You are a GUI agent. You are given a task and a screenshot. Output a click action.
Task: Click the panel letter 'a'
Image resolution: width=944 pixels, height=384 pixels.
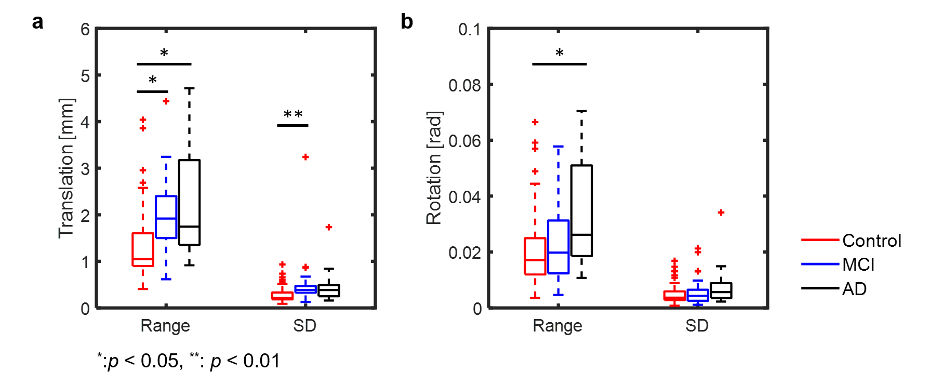click(37, 22)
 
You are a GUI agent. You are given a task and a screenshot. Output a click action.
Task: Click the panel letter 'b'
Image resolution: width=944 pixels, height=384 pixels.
click(406, 22)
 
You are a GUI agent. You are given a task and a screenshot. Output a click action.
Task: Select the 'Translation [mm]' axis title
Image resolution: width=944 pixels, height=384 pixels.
click(67, 168)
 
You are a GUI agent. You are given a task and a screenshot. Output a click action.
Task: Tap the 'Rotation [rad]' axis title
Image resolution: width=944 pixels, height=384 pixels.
click(434, 168)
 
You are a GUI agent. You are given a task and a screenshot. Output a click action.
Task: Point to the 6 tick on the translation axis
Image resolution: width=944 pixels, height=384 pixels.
click(85, 29)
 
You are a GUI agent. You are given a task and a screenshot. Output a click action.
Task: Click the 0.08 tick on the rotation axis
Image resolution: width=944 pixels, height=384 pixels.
click(464, 85)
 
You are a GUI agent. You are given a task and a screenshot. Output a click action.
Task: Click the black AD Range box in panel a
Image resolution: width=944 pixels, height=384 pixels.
click(189, 202)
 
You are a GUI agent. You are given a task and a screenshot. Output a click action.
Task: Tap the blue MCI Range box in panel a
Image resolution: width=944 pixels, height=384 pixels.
click(166, 217)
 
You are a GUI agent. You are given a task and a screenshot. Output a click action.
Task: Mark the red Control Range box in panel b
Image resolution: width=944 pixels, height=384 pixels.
click(535, 256)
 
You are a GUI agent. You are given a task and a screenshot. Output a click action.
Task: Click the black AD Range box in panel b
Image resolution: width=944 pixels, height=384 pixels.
click(581, 210)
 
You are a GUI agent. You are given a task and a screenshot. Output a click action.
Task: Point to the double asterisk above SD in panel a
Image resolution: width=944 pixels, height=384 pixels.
click(293, 114)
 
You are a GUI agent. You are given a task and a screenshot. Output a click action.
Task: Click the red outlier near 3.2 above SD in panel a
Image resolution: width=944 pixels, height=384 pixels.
click(305, 157)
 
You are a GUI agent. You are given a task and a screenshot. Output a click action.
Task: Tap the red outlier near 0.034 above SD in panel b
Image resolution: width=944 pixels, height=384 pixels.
click(721, 213)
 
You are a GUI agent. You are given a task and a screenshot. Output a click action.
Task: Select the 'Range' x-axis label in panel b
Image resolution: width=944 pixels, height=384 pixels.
click(557, 326)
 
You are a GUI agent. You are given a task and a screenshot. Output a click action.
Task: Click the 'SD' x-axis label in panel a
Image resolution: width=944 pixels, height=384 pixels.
click(304, 326)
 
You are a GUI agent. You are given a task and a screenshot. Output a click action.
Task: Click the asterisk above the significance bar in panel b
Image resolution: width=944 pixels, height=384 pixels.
click(560, 53)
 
